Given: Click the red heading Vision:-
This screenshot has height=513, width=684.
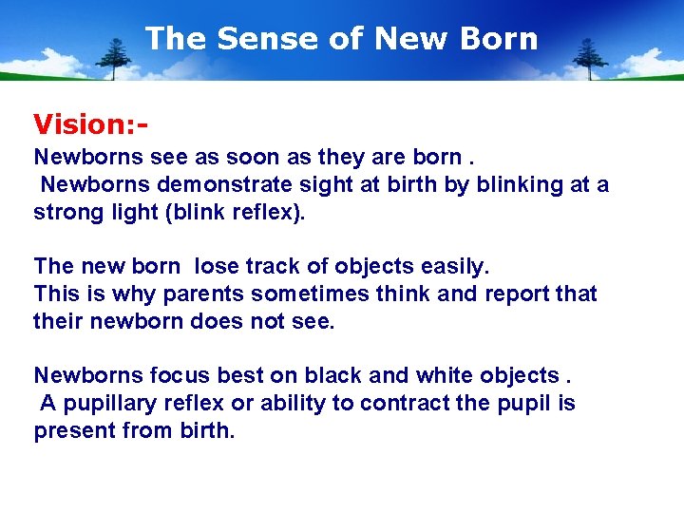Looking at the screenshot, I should [92, 124].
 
